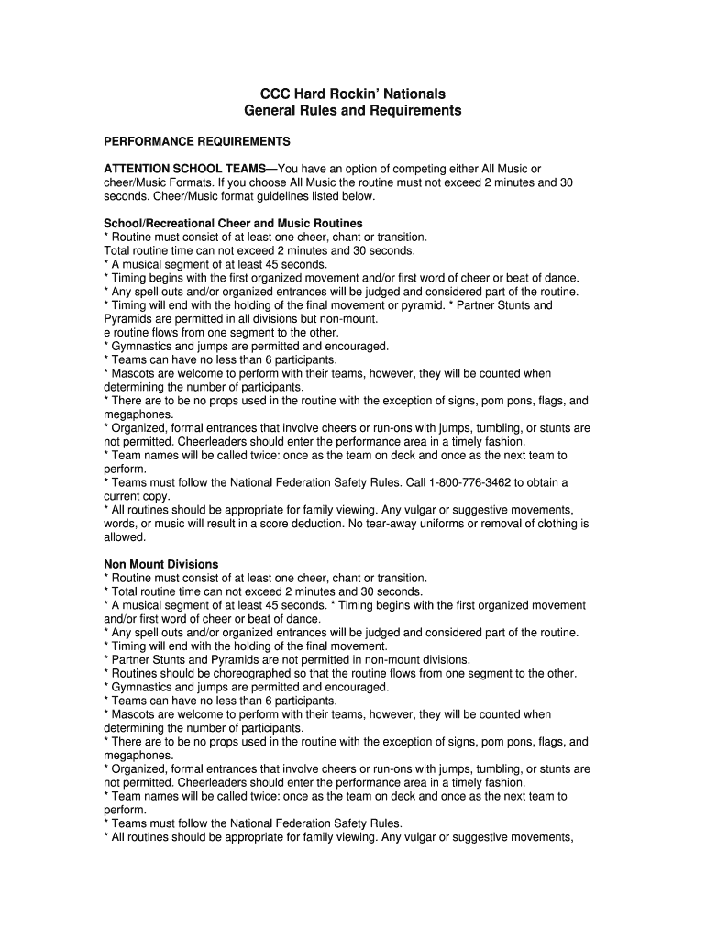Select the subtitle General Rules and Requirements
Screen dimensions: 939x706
[353, 111]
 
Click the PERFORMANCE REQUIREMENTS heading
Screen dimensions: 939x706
[197, 142]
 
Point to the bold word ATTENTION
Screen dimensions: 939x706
[141, 169]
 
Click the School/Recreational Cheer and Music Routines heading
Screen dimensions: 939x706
[233, 224]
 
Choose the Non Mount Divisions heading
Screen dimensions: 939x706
[161, 565]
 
